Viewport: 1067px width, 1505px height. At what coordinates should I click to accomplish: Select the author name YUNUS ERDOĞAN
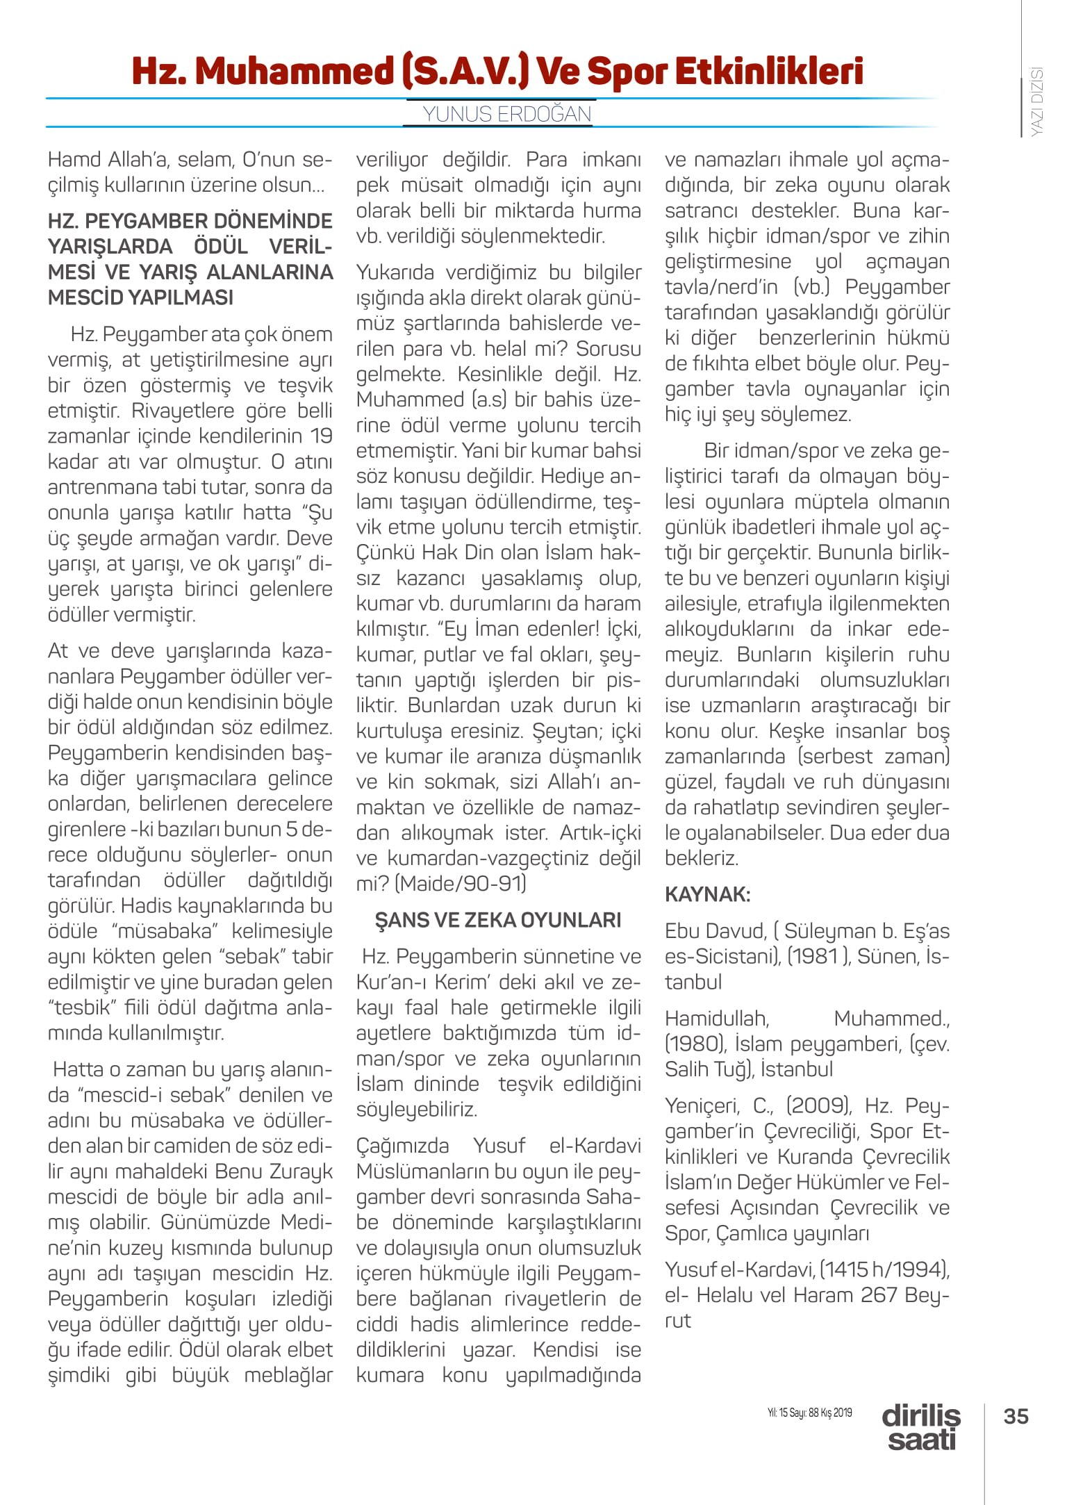tap(507, 114)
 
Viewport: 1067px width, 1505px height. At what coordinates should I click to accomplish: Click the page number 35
tap(1016, 1416)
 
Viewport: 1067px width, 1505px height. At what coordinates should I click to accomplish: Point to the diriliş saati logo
tap(921, 1427)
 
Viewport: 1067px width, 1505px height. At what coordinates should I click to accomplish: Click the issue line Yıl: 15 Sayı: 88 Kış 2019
tap(809, 1413)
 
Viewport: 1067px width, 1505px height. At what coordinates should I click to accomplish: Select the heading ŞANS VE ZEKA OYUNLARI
tap(498, 920)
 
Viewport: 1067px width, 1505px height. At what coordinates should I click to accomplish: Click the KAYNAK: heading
tap(707, 894)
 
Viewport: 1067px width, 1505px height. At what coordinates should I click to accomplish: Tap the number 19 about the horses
tap(322, 436)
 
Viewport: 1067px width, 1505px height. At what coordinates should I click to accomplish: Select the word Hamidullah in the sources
tap(716, 1019)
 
